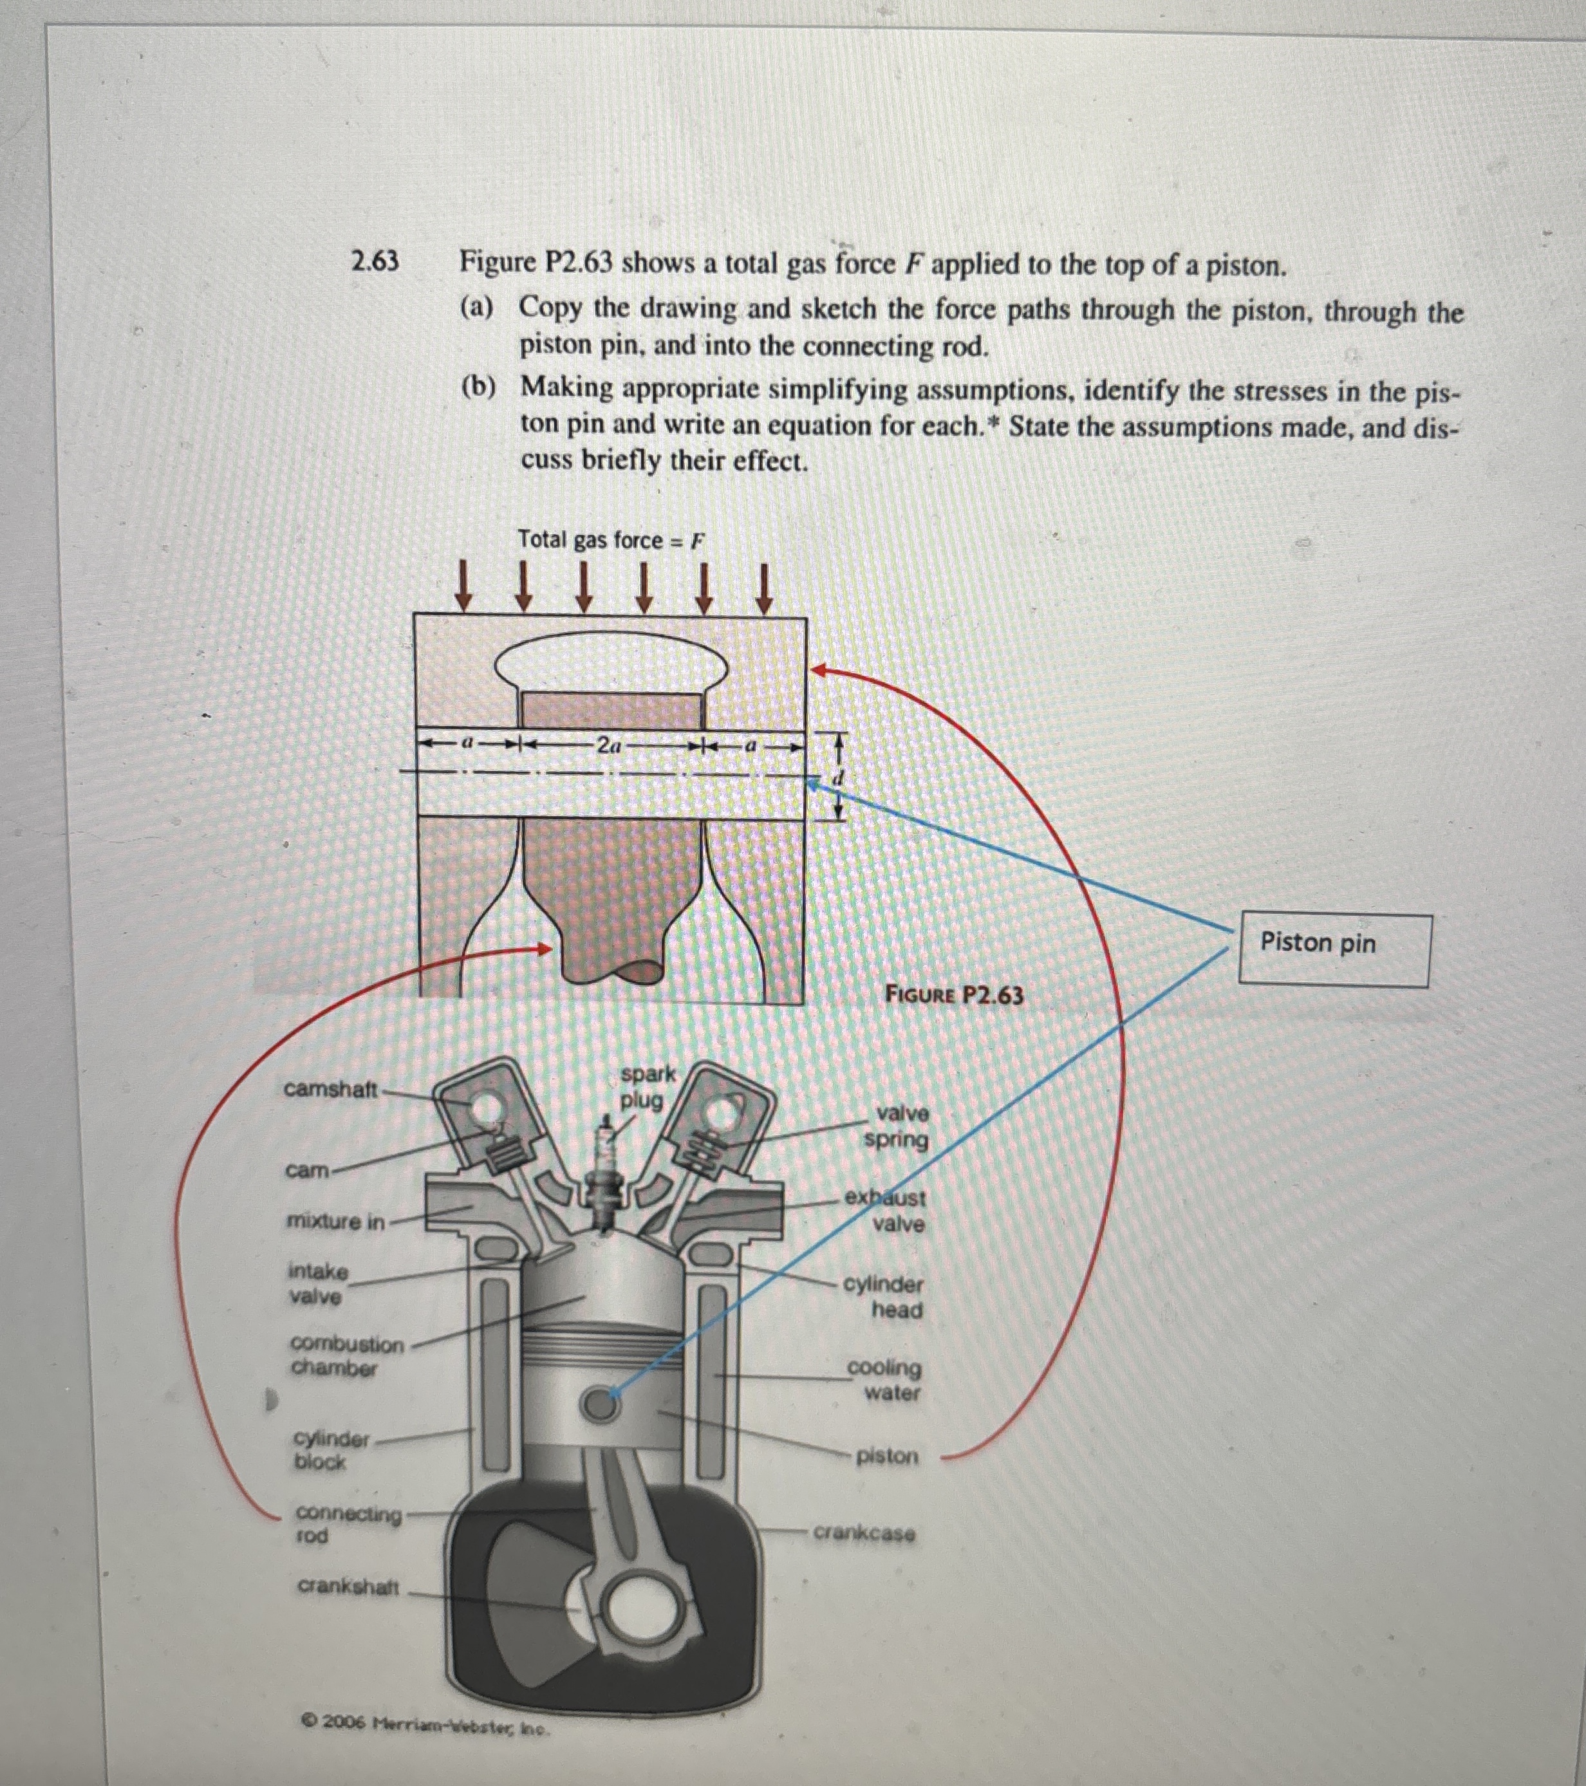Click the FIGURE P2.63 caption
[x=953, y=994]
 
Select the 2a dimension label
[x=609, y=745]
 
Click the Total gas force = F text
[x=610, y=540]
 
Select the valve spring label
[x=897, y=1126]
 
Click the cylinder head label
[x=884, y=1297]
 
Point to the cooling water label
[x=884, y=1380]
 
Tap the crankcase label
[x=864, y=1532]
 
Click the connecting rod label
[x=348, y=1523]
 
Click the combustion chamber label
[x=347, y=1355]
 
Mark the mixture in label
[x=335, y=1222]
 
